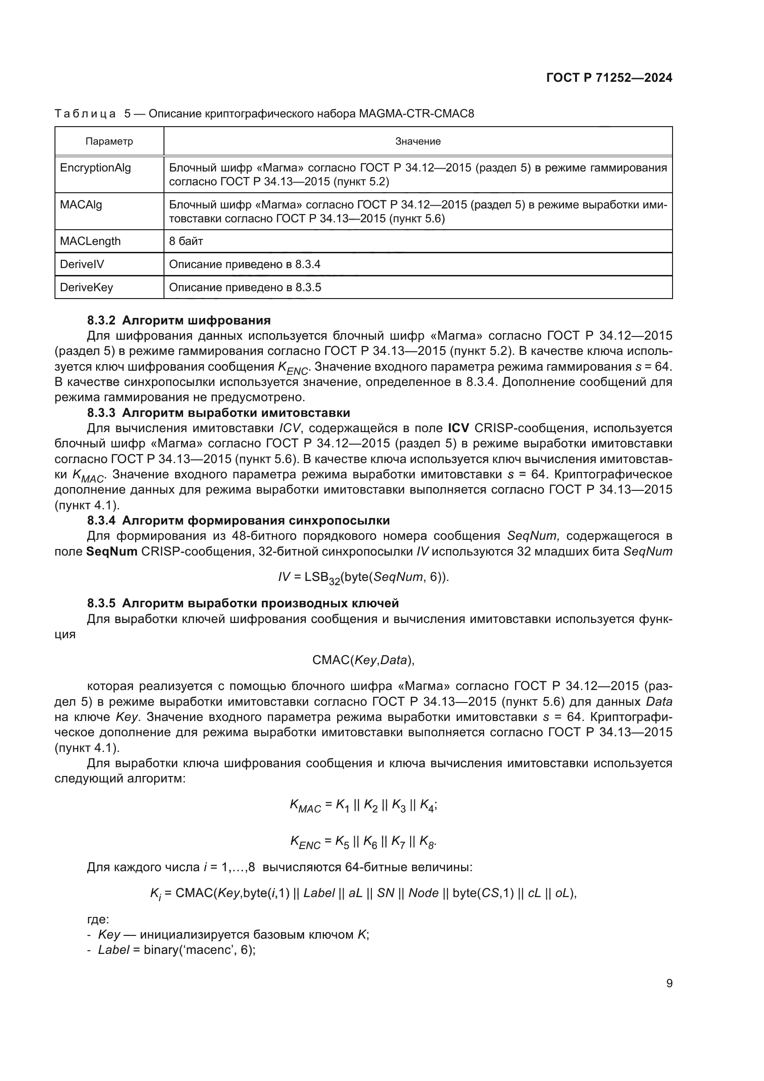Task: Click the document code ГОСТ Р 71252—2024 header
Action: click(x=609, y=78)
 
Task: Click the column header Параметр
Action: click(x=109, y=141)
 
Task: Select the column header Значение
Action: click(x=417, y=141)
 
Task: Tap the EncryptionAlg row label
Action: click(x=96, y=168)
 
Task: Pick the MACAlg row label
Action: click(x=81, y=205)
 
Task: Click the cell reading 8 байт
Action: click(x=186, y=242)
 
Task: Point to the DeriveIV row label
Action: click(x=82, y=264)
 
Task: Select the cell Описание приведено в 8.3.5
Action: click(x=245, y=287)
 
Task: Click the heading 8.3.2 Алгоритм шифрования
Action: click(x=179, y=321)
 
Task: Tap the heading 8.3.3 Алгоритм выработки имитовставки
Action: click(x=218, y=413)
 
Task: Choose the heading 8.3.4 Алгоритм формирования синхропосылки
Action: click(x=238, y=521)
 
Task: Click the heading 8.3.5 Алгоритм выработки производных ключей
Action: click(x=243, y=604)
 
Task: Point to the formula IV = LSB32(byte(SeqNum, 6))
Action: click(x=363, y=578)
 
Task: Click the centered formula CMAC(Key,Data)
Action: click(x=363, y=660)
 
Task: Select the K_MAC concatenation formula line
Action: click(x=363, y=806)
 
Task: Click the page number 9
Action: click(x=669, y=983)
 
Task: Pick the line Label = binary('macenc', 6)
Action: click(x=176, y=950)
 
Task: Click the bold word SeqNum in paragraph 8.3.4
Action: click(x=112, y=551)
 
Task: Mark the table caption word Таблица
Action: click(x=85, y=114)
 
